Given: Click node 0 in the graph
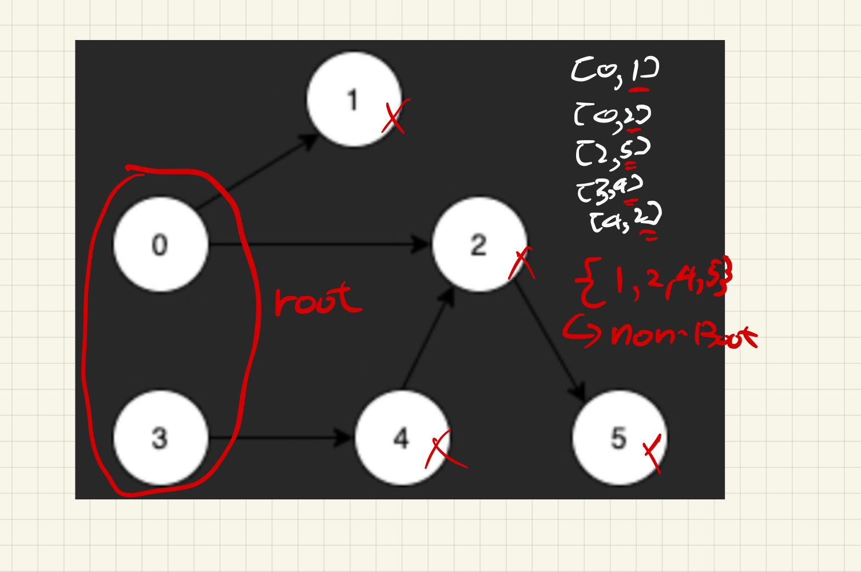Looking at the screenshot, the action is pos(160,245).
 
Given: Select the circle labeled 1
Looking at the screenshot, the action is pos(353,100).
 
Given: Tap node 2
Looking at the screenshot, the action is pos(479,245).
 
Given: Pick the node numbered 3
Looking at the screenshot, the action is pos(160,438).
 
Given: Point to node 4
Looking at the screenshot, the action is pos(402,438).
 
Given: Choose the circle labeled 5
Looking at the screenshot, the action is pos(619,438).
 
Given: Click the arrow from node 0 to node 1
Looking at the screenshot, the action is pos(257,172).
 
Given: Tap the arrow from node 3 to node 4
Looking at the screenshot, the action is pos(280,438).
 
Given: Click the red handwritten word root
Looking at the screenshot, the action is pos(318,300).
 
